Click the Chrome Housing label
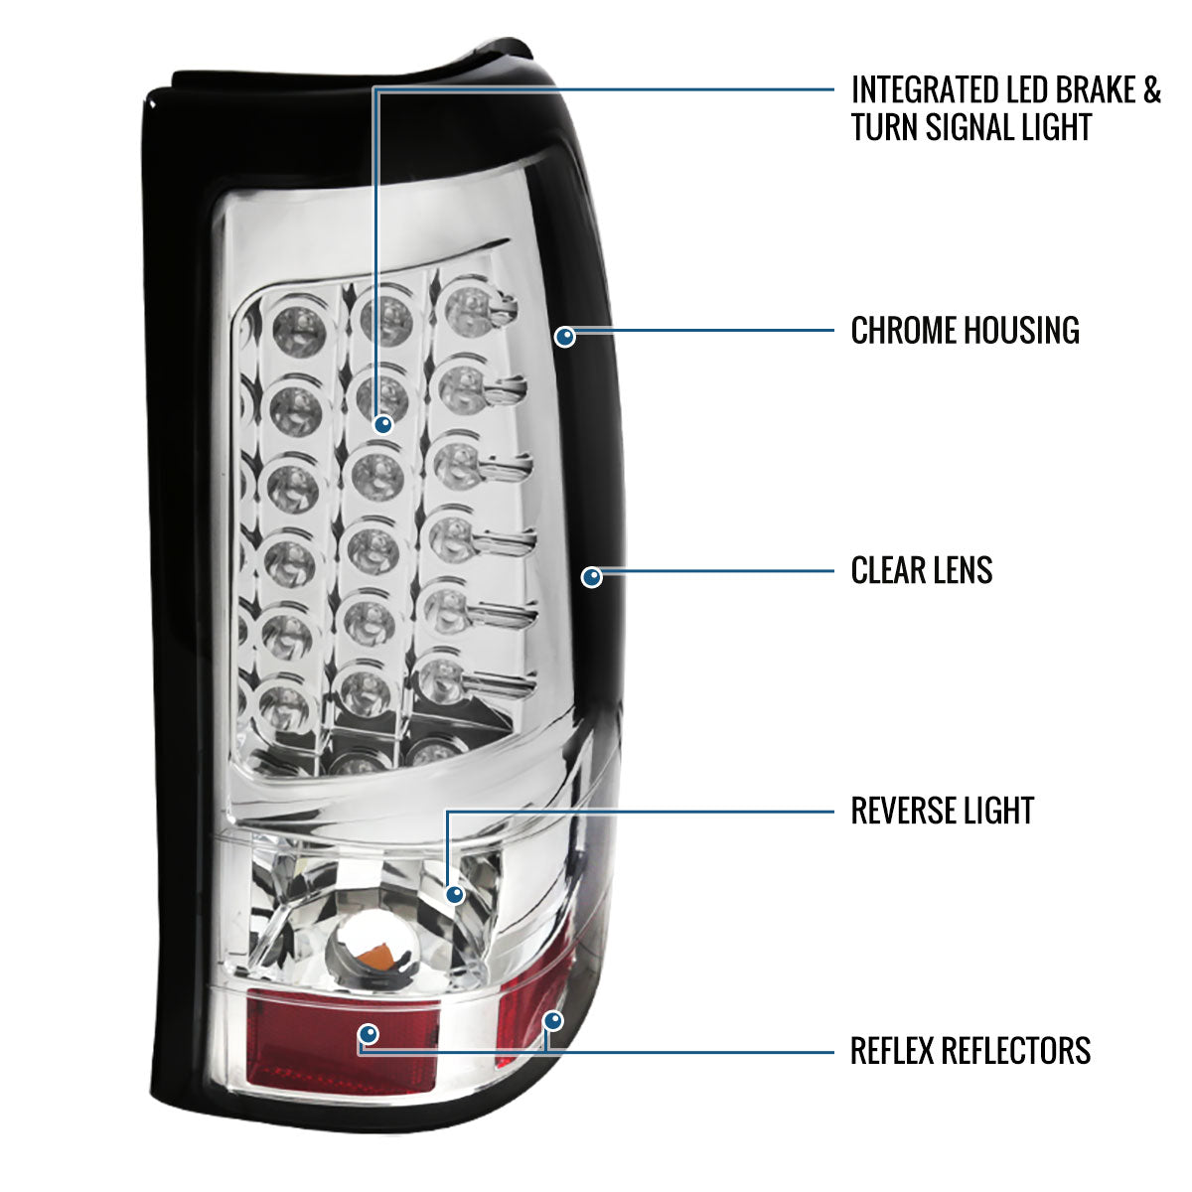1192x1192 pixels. [x=965, y=331]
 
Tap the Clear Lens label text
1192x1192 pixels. [x=922, y=570]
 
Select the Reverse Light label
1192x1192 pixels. [x=942, y=811]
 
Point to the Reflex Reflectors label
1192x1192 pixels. [x=970, y=1050]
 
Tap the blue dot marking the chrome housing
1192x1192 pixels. [x=565, y=337]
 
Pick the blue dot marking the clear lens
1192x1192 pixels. [x=592, y=577]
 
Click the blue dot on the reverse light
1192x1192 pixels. [x=455, y=894]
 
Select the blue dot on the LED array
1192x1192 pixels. [x=383, y=424]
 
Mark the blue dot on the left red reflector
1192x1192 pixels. [x=369, y=1034]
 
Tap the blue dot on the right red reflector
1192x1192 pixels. [x=553, y=1020]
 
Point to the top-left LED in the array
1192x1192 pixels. [x=299, y=332]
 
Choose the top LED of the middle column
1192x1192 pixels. [x=386, y=321]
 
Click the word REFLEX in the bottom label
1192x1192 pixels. [x=891, y=1050]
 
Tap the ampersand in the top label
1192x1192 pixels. [x=1152, y=90]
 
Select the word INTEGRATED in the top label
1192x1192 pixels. [x=922, y=90]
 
